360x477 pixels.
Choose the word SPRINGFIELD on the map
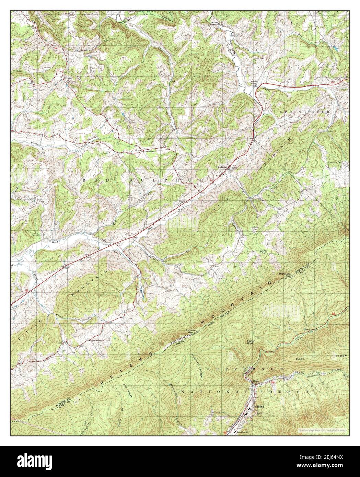pos(305,112)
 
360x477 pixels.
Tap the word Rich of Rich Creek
pos(56,242)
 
